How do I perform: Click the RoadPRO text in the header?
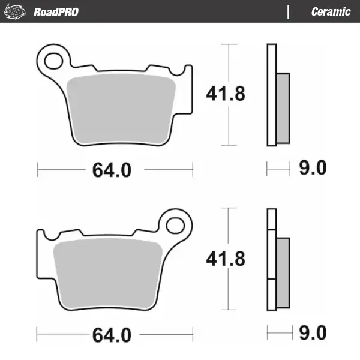click(x=56, y=12)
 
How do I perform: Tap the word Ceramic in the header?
click(x=331, y=12)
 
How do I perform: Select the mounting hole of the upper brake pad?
click(x=54, y=60)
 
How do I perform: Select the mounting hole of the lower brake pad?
click(x=176, y=224)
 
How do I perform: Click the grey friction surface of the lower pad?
click(x=108, y=273)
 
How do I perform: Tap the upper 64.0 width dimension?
click(x=111, y=170)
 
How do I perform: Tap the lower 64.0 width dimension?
click(x=111, y=334)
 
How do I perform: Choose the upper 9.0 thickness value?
click(x=312, y=169)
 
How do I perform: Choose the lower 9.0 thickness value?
click(x=312, y=332)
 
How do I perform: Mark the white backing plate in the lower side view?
click(x=271, y=259)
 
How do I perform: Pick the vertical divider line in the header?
click(x=289, y=12)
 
